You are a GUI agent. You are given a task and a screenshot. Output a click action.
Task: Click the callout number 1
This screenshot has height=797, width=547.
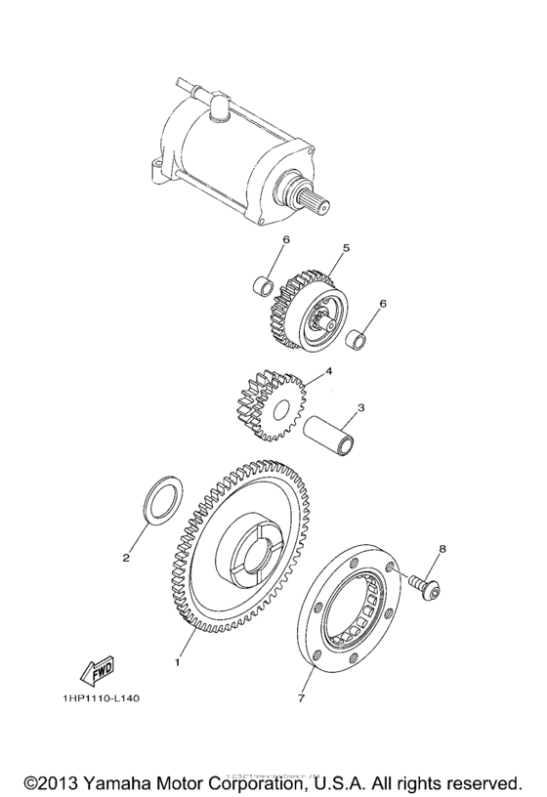177,662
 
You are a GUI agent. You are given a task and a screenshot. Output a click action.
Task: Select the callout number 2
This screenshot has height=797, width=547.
126,559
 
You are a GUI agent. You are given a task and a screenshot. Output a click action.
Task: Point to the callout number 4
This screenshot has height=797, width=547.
329,371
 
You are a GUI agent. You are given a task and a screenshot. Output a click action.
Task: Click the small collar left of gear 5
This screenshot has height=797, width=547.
262,287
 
